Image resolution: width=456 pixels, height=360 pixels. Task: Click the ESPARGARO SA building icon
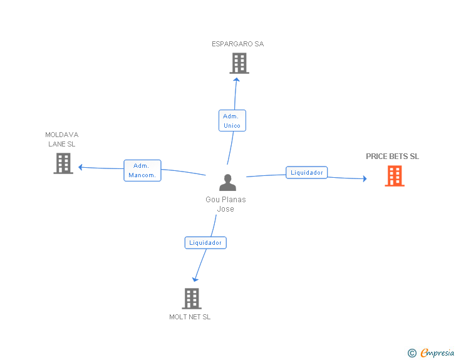click(239, 63)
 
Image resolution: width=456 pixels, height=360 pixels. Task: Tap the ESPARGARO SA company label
click(237, 44)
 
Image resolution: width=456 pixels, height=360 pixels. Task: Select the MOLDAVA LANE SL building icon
click(63, 163)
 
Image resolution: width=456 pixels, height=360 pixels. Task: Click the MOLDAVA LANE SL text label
click(61, 139)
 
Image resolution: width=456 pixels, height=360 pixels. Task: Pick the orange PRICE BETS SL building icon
click(395, 176)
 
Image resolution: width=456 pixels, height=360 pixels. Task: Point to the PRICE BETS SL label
click(392, 157)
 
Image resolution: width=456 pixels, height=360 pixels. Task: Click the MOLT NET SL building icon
click(192, 299)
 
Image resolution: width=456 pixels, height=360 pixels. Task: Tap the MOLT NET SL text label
click(190, 317)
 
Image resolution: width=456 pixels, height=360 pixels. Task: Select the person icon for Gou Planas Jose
click(228, 182)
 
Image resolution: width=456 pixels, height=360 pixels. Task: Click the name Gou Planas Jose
click(225, 204)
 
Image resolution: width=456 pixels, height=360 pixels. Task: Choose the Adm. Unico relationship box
click(232, 121)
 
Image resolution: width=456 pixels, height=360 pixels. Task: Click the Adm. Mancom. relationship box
click(142, 170)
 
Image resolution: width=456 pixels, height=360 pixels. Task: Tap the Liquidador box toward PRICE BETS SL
click(306, 172)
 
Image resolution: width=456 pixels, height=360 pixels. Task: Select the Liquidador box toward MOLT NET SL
click(205, 242)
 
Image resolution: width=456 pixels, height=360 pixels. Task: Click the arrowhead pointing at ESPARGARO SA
click(236, 80)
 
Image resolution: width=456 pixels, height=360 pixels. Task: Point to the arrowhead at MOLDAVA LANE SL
click(81, 167)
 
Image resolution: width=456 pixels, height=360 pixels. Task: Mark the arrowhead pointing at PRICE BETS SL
click(365, 178)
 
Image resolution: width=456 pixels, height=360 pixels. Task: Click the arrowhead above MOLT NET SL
click(195, 279)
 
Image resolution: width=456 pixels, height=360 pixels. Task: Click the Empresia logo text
click(437, 352)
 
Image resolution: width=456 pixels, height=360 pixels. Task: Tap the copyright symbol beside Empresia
click(412, 353)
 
